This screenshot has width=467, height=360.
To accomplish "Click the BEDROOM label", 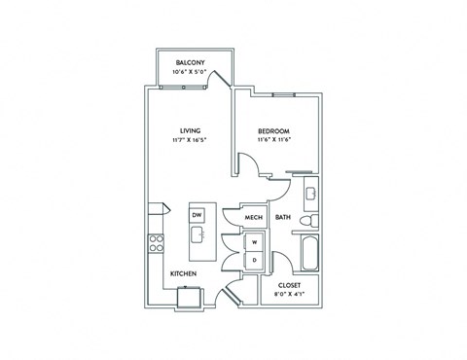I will [x=273, y=130].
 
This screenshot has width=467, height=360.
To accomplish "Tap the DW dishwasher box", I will [x=196, y=214].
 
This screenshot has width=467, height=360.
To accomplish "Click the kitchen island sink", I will [x=197, y=234].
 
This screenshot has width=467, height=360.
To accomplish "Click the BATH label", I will [x=283, y=218].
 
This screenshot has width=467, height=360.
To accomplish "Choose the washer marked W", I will [x=254, y=240].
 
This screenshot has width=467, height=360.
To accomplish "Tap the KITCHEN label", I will [x=184, y=274].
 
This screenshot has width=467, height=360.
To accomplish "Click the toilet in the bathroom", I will [x=309, y=225].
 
